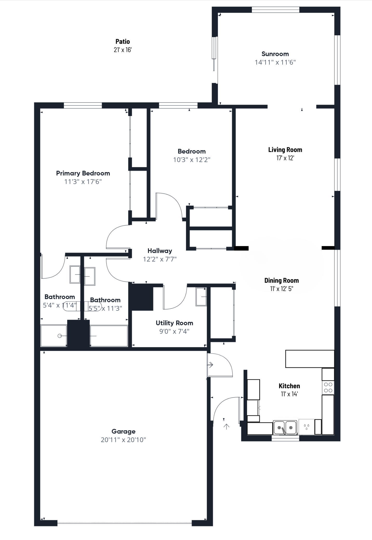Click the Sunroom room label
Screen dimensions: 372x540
pos(275,54)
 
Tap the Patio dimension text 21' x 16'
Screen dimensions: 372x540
pos(123,50)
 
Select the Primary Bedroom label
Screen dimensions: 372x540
pos(83,173)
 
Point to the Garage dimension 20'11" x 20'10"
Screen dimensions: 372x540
pos(123,440)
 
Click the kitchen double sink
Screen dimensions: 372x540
pos(285,428)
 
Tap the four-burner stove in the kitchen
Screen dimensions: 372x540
pos(328,388)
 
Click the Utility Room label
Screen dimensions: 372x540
pos(175,323)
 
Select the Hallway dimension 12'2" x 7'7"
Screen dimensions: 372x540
pos(160,259)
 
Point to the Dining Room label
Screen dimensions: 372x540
pos(282,280)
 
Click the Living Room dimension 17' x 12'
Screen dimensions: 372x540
pos(285,158)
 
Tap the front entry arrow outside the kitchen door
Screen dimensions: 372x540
pos(227,427)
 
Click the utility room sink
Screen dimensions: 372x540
pos(201,296)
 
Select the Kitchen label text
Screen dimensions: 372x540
pos(289,386)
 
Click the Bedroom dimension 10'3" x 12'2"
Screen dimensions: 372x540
pos(192,160)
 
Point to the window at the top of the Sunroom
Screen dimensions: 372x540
pos(275,10)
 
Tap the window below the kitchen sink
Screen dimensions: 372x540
pos(285,438)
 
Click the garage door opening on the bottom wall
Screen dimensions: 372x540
pos(124,523)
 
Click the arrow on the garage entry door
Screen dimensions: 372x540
pos(210,365)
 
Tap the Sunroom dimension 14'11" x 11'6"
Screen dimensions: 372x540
pos(275,62)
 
